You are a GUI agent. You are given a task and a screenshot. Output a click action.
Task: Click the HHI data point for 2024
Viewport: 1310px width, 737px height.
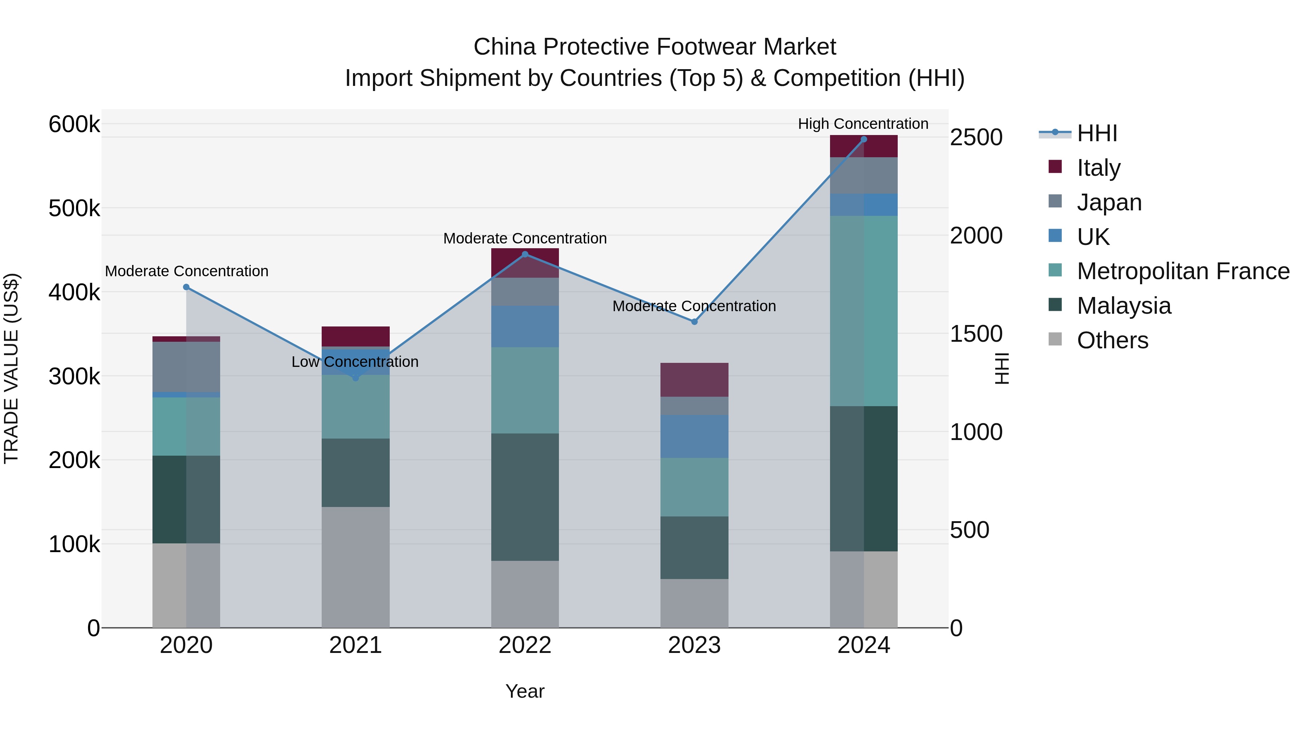coord(864,139)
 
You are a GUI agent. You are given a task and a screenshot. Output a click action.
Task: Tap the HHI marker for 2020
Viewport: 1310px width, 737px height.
coord(186,288)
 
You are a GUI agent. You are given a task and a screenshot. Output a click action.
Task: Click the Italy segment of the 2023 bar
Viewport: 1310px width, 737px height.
coord(694,380)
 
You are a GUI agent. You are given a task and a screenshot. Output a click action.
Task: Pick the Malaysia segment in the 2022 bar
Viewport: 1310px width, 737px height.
coord(525,497)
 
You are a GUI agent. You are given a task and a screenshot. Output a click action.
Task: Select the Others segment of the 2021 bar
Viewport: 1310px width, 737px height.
coord(356,567)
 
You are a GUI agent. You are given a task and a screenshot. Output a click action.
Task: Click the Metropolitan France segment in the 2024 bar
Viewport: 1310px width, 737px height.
coord(864,311)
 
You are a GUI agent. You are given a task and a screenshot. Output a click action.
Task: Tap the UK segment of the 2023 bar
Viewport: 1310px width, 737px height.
coord(694,436)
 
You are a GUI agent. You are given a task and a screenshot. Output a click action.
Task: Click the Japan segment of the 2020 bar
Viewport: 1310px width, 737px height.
coord(186,367)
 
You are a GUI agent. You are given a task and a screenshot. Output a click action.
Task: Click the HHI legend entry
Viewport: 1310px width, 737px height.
coord(1096,133)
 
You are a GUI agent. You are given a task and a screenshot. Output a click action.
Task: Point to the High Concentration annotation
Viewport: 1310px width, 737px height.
coord(863,124)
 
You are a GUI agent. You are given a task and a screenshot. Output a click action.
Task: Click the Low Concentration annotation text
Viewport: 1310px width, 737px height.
coord(355,362)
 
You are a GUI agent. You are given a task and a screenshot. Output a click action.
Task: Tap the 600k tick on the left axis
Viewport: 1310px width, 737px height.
coord(74,124)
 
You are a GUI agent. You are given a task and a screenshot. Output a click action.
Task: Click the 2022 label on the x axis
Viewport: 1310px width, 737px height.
coord(525,645)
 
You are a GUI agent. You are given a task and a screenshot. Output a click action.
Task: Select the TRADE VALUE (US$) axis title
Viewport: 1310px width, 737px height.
coord(11,368)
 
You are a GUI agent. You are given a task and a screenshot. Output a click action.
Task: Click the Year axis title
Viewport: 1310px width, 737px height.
coord(525,691)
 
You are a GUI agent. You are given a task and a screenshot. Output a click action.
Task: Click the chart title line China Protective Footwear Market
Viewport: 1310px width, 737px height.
coord(655,47)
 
